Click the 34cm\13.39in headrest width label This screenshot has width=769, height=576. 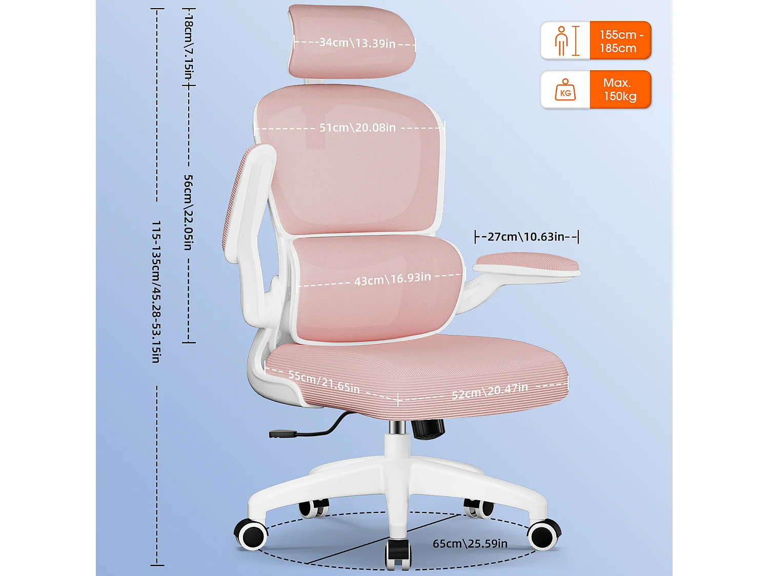357,43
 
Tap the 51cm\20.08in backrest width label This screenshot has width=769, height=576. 357,127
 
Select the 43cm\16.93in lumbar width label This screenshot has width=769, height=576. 392,279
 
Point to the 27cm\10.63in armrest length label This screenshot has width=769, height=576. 526,237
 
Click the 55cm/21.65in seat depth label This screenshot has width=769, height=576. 324,382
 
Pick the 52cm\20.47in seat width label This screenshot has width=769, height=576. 490,391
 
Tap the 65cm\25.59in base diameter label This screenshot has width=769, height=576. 470,544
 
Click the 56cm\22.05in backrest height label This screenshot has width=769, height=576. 188,212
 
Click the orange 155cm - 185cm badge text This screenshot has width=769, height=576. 620,41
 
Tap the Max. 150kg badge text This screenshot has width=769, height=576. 620,90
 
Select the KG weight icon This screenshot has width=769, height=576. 565,90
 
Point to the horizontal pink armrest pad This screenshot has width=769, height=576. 526,264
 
